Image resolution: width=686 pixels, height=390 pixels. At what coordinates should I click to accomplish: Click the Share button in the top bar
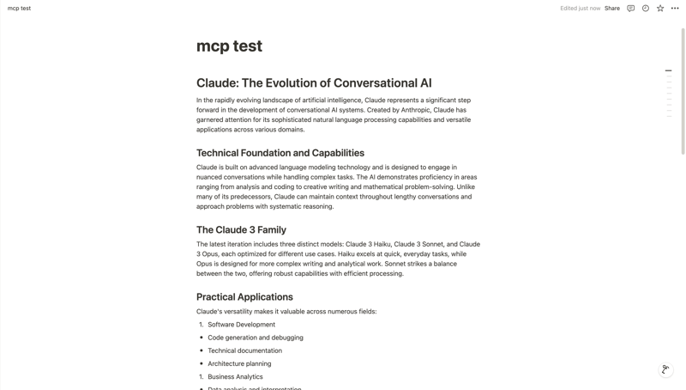[611, 9]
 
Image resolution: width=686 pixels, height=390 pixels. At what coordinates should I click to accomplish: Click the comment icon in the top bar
[630, 9]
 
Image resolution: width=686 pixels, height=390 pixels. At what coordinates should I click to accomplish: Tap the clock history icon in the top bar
[646, 9]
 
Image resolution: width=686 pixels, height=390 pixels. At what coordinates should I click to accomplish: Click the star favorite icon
[660, 9]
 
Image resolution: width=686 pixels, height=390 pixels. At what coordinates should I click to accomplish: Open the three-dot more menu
[675, 9]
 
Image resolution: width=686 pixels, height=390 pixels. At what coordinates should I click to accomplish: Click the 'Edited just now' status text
[580, 9]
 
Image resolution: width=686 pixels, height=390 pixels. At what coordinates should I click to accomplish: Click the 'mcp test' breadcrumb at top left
[19, 9]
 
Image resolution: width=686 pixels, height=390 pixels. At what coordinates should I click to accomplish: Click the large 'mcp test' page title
[229, 46]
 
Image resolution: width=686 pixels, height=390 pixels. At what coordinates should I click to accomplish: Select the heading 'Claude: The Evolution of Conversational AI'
[314, 83]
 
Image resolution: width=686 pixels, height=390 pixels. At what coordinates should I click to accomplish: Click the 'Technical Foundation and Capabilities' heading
[280, 153]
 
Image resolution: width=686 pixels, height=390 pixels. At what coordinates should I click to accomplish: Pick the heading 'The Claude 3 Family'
[241, 230]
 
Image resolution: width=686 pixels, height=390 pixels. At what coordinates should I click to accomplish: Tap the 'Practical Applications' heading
[244, 297]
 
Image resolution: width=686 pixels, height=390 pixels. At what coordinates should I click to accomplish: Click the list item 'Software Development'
[241, 325]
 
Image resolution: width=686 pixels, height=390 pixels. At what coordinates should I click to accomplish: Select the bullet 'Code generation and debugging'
[255, 338]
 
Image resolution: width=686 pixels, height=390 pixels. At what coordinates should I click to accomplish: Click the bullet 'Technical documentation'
[244, 350]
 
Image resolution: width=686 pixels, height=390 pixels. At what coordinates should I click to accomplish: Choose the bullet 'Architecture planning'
[239, 363]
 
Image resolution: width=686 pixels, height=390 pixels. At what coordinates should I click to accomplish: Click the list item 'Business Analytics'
[235, 376]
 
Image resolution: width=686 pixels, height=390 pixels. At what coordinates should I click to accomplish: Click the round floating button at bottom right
[665, 369]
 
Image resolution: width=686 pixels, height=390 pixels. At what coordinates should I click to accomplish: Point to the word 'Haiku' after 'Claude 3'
[382, 244]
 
